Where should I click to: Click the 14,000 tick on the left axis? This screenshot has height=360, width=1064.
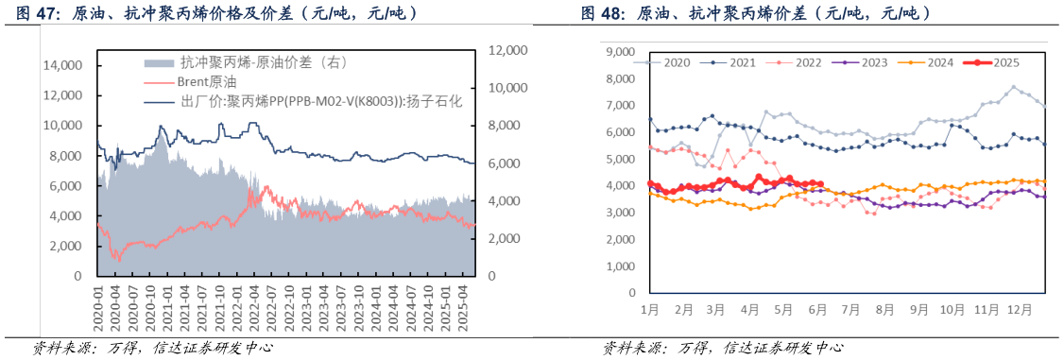click(x=64, y=65)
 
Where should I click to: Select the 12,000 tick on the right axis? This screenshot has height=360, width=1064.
click(x=510, y=50)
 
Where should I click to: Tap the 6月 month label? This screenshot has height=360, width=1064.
click(x=818, y=308)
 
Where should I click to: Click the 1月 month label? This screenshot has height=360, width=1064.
click(x=649, y=308)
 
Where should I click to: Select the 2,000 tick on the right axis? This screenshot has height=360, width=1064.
click(x=506, y=239)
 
